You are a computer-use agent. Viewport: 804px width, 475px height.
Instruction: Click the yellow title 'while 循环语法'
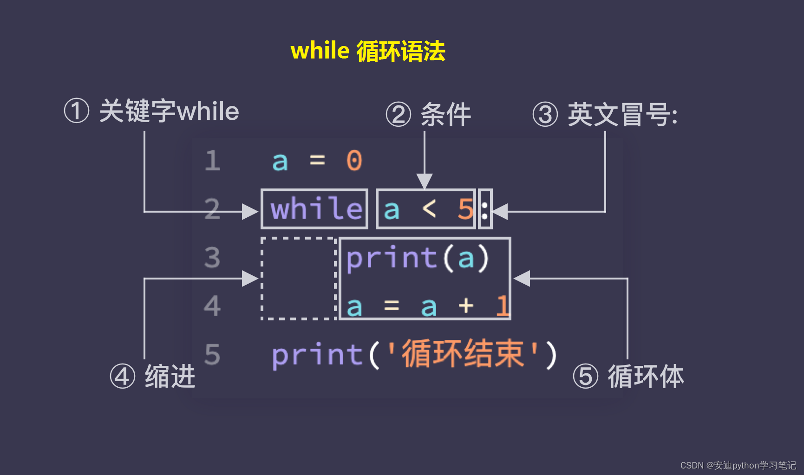(x=367, y=51)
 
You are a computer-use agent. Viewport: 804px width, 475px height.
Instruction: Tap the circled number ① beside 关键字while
(x=76, y=111)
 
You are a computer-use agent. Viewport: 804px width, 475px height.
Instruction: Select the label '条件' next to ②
(x=445, y=115)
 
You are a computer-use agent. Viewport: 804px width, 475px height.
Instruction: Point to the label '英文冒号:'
(x=622, y=115)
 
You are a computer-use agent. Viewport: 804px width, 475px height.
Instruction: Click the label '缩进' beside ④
(x=170, y=376)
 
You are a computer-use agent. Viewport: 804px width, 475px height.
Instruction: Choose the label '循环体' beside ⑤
(x=646, y=376)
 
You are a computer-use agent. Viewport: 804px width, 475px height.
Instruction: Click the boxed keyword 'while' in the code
(x=315, y=209)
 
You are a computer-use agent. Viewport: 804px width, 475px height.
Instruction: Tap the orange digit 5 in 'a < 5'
(x=465, y=209)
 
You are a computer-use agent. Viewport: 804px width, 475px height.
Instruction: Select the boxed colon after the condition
(x=485, y=209)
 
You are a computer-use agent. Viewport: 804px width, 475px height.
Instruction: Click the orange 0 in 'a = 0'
(x=354, y=161)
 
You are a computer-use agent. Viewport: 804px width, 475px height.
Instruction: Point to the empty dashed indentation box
(x=298, y=279)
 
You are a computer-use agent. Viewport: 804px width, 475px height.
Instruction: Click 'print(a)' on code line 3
(x=418, y=258)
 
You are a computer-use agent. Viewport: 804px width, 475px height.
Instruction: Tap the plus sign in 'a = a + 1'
(x=465, y=306)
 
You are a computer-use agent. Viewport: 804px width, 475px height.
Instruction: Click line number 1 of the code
(x=212, y=161)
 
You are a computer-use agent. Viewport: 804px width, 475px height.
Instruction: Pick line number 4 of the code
(x=212, y=306)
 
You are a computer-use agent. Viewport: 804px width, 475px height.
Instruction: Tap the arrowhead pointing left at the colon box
(x=500, y=212)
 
